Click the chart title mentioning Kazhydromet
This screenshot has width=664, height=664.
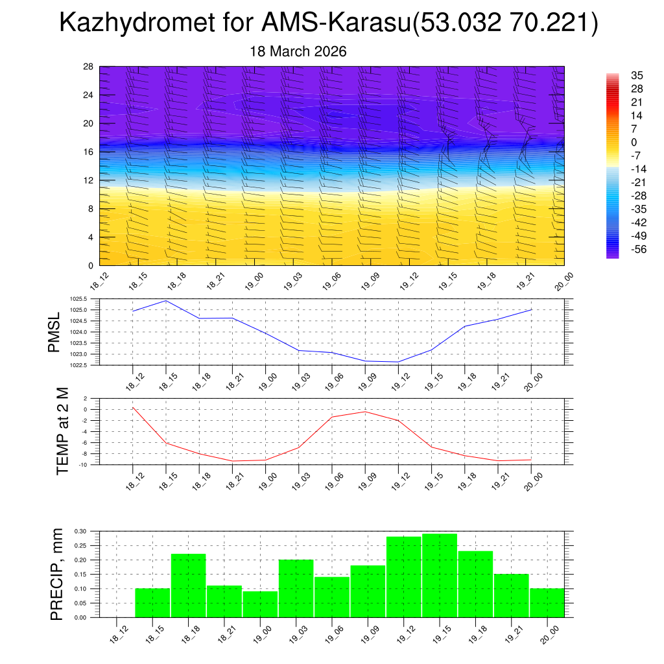coord(328,23)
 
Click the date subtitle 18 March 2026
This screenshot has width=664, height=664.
coord(298,51)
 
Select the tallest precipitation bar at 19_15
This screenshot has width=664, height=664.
coord(440,575)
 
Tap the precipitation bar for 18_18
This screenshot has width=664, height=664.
coord(189,586)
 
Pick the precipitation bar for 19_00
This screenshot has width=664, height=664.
coord(260,604)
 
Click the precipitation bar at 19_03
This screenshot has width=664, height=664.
coord(296,588)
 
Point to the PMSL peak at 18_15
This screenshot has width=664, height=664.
coord(166,300)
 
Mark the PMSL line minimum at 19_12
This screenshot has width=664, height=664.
coord(397,362)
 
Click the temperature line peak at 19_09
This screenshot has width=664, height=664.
coord(365,412)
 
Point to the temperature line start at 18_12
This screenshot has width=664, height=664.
coord(133,407)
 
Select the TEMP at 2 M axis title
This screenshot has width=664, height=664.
coord(62,431)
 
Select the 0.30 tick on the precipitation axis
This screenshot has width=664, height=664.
coord(80,531)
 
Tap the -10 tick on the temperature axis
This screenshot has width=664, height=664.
coord(84,465)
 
